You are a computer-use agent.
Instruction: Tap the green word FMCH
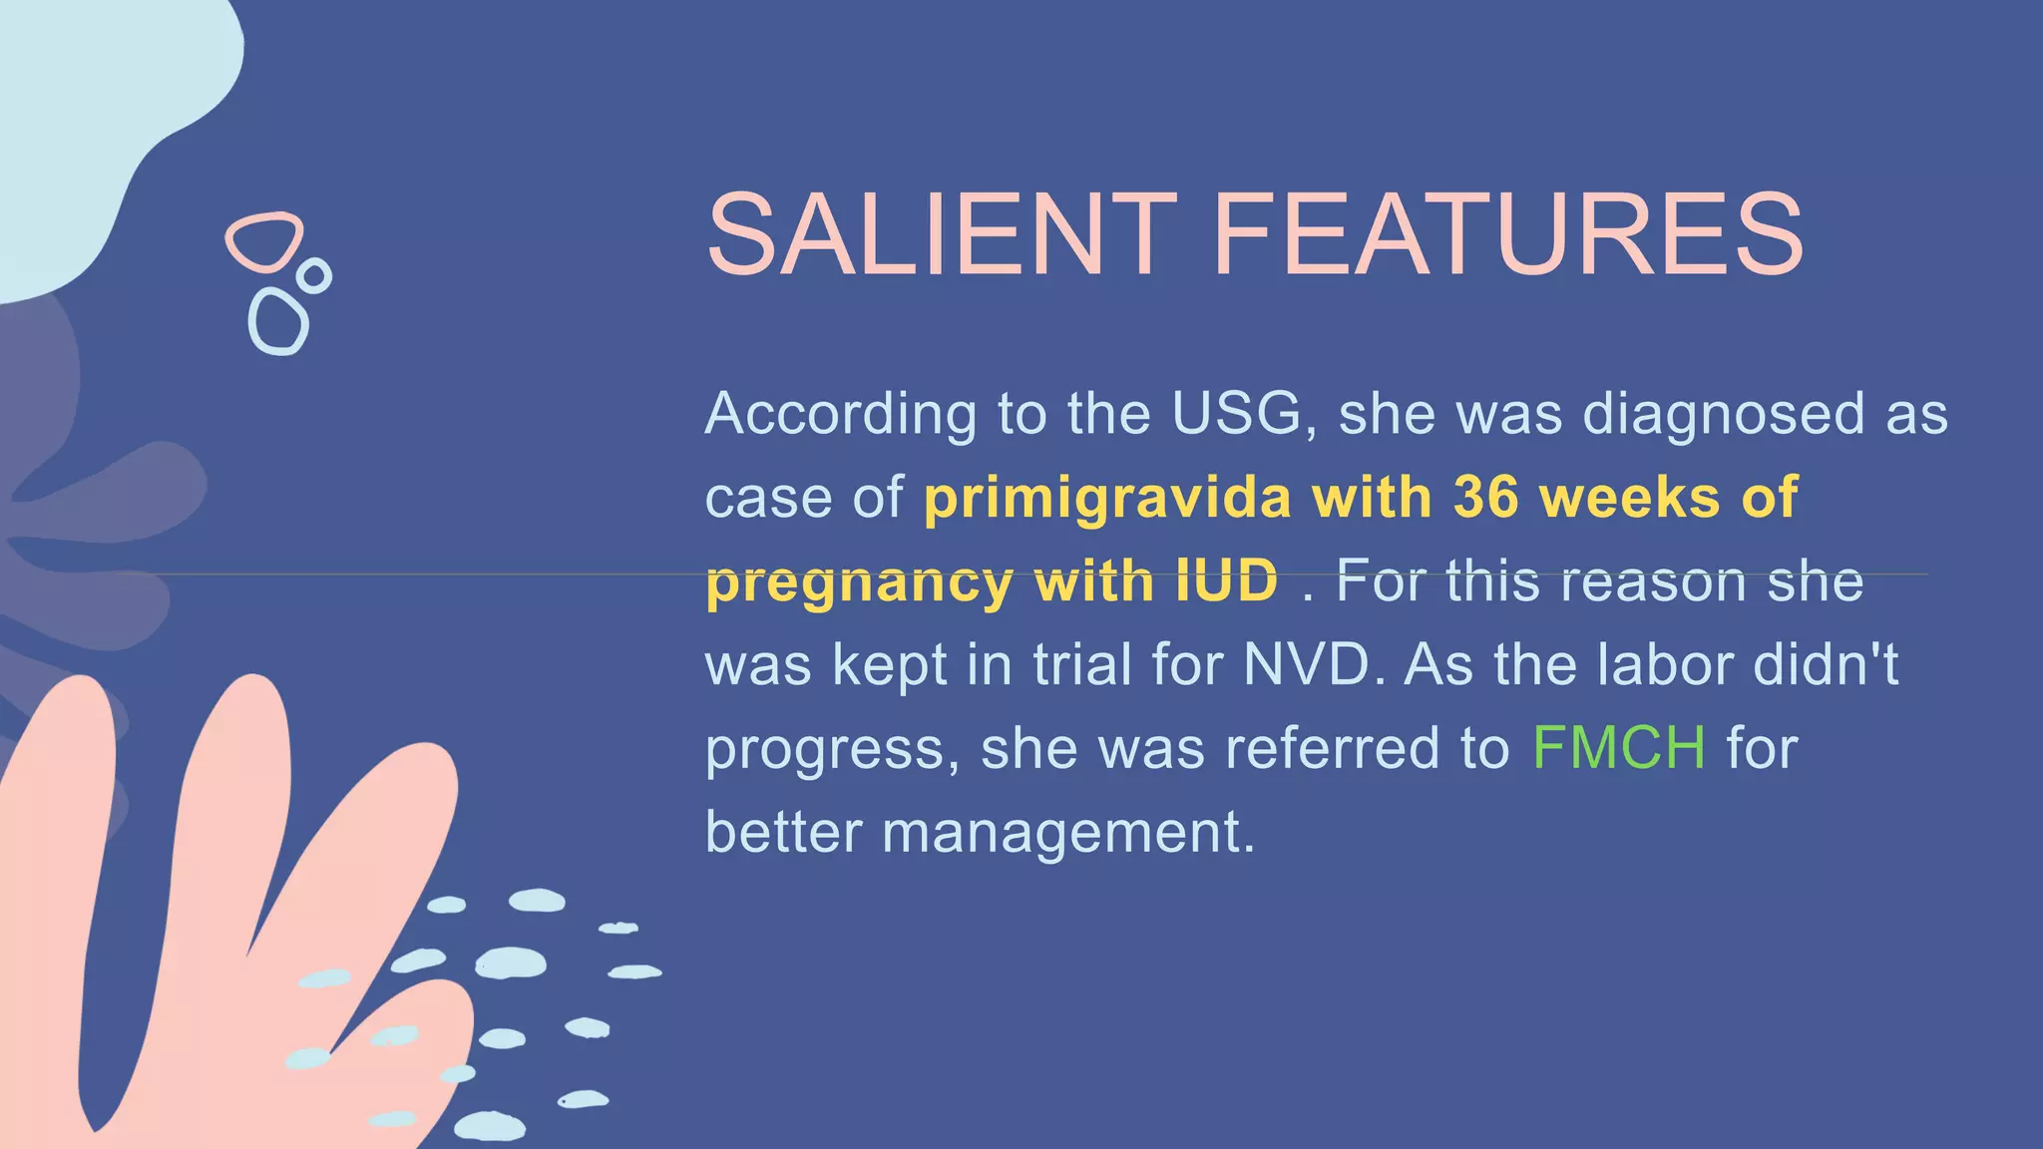tap(1618, 748)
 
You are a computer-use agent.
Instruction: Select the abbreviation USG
tap(1237, 413)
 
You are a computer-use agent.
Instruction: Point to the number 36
tap(1486, 497)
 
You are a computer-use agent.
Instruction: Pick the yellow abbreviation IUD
tap(1227, 580)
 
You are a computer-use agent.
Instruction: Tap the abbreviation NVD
tap(1307, 664)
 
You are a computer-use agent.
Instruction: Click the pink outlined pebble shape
tap(264, 241)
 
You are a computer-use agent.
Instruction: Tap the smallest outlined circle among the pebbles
tap(314, 275)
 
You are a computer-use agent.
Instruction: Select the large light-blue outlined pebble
tap(278, 321)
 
